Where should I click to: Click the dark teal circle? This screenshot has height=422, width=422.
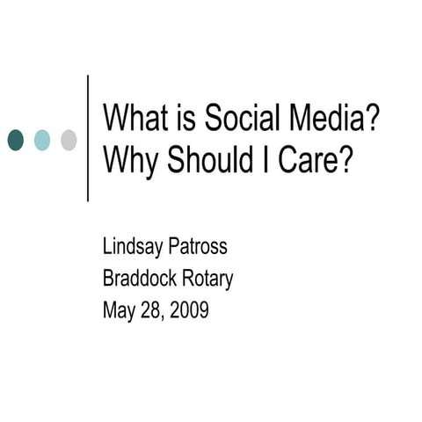pos(16,139)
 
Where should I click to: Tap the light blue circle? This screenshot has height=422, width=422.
pos(42,139)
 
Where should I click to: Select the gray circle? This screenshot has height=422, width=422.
pos(68,139)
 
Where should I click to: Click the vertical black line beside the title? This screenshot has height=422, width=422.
pos(88,138)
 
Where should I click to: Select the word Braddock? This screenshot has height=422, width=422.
pos(141,279)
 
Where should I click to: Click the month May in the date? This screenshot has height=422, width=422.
pos(120,311)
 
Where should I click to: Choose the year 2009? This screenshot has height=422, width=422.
pos(190,309)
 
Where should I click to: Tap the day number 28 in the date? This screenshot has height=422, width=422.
pos(152,309)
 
